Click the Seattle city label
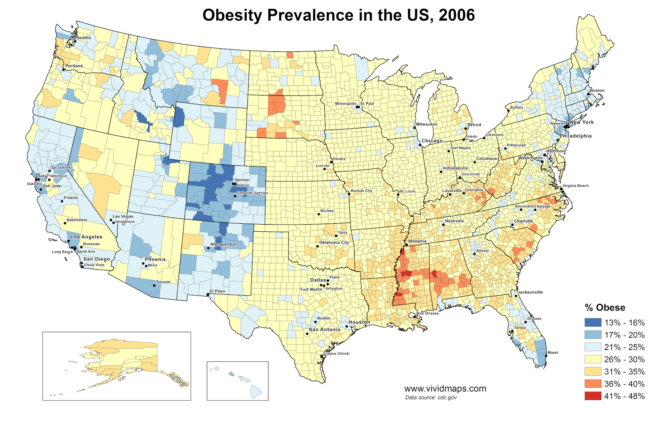coord(84,38)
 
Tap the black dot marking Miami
coord(546,355)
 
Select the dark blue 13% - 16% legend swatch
coord(593,323)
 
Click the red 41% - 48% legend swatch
coord(593,396)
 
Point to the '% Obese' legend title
coord(605,307)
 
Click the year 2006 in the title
coord(457,15)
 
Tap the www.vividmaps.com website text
coord(445,389)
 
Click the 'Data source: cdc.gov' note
coord(430,397)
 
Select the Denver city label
coord(242,180)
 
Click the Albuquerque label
coord(223,244)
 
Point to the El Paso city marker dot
coord(208,295)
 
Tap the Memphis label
coord(417,241)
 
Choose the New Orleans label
coord(428,313)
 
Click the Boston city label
coord(597,90)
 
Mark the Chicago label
coord(432,141)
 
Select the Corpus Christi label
coord(336,353)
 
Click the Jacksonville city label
coord(530,292)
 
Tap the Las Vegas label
coord(123,217)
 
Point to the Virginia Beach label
coord(575,185)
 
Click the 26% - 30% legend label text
coord(624,360)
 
